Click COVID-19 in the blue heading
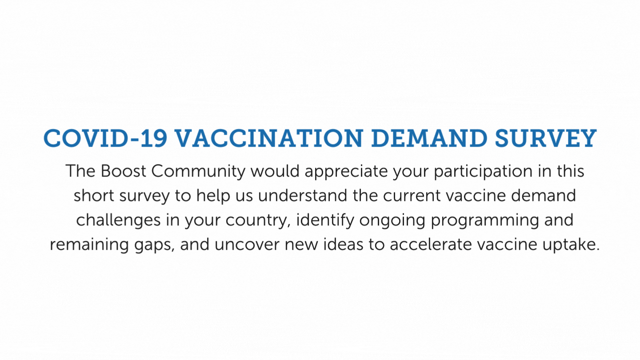coord(105,139)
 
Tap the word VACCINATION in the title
coord(268,139)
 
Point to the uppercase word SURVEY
coord(545,139)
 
